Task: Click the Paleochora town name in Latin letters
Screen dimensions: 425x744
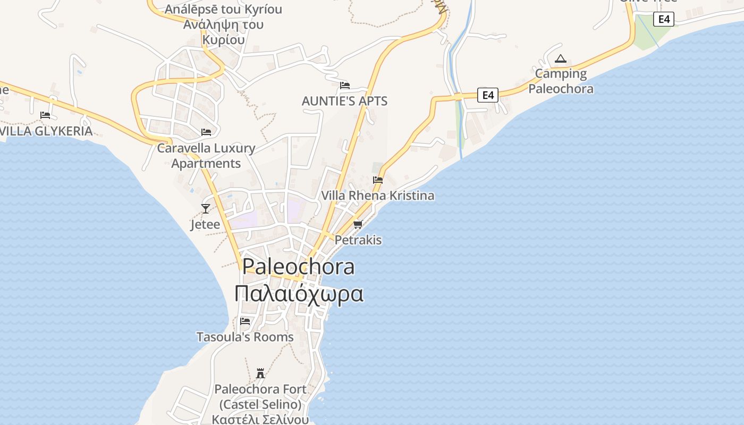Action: pyautogui.click(x=298, y=266)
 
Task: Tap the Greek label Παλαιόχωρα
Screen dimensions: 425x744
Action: pyautogui.click(x=299, y=293)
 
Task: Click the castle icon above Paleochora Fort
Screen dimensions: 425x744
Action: pyautogui.click(x=260, y=373)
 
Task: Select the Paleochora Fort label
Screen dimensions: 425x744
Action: pyautogui.click(x=260, y=389)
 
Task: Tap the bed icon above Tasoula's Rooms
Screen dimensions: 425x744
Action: pyautogui.click(x=245, y=321)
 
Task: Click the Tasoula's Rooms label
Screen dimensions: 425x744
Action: pyautogui.click(x=245, y=337)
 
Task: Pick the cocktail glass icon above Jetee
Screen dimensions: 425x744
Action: pyautogui.click(x=206, y=208)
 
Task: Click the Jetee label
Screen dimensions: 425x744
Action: pyautogui.click(x=205, y=224)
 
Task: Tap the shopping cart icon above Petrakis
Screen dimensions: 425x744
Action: pyautogui.click(x=358, y=224)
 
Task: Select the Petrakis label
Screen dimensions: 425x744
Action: pyautogui.click(x=358, y=240)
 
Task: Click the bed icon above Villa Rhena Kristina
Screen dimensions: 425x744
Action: pyautogui.click(x=378, y=180)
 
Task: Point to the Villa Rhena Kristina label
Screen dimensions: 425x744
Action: pyautogui.click(x=378, y=195)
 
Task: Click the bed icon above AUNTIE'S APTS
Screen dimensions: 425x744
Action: pyautogui.click(x=345, y=85)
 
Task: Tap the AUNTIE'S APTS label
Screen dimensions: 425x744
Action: pyautogui.click(x=344, y=101)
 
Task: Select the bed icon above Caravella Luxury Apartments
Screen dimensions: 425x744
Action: pyautogui.click(x=206, y=132)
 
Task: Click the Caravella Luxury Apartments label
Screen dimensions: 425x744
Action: pyautogui.click(x=206, y=155)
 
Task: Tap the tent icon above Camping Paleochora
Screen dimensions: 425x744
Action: pyautogui.click(x=560, y=58)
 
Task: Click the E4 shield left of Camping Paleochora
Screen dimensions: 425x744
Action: pyautogui.click(x=488, y=95)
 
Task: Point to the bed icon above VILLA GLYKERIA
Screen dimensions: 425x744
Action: pyautogui.click(x=45, y=115)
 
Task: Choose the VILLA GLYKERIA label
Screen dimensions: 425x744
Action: pyautogui.click(x=47, y=131)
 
